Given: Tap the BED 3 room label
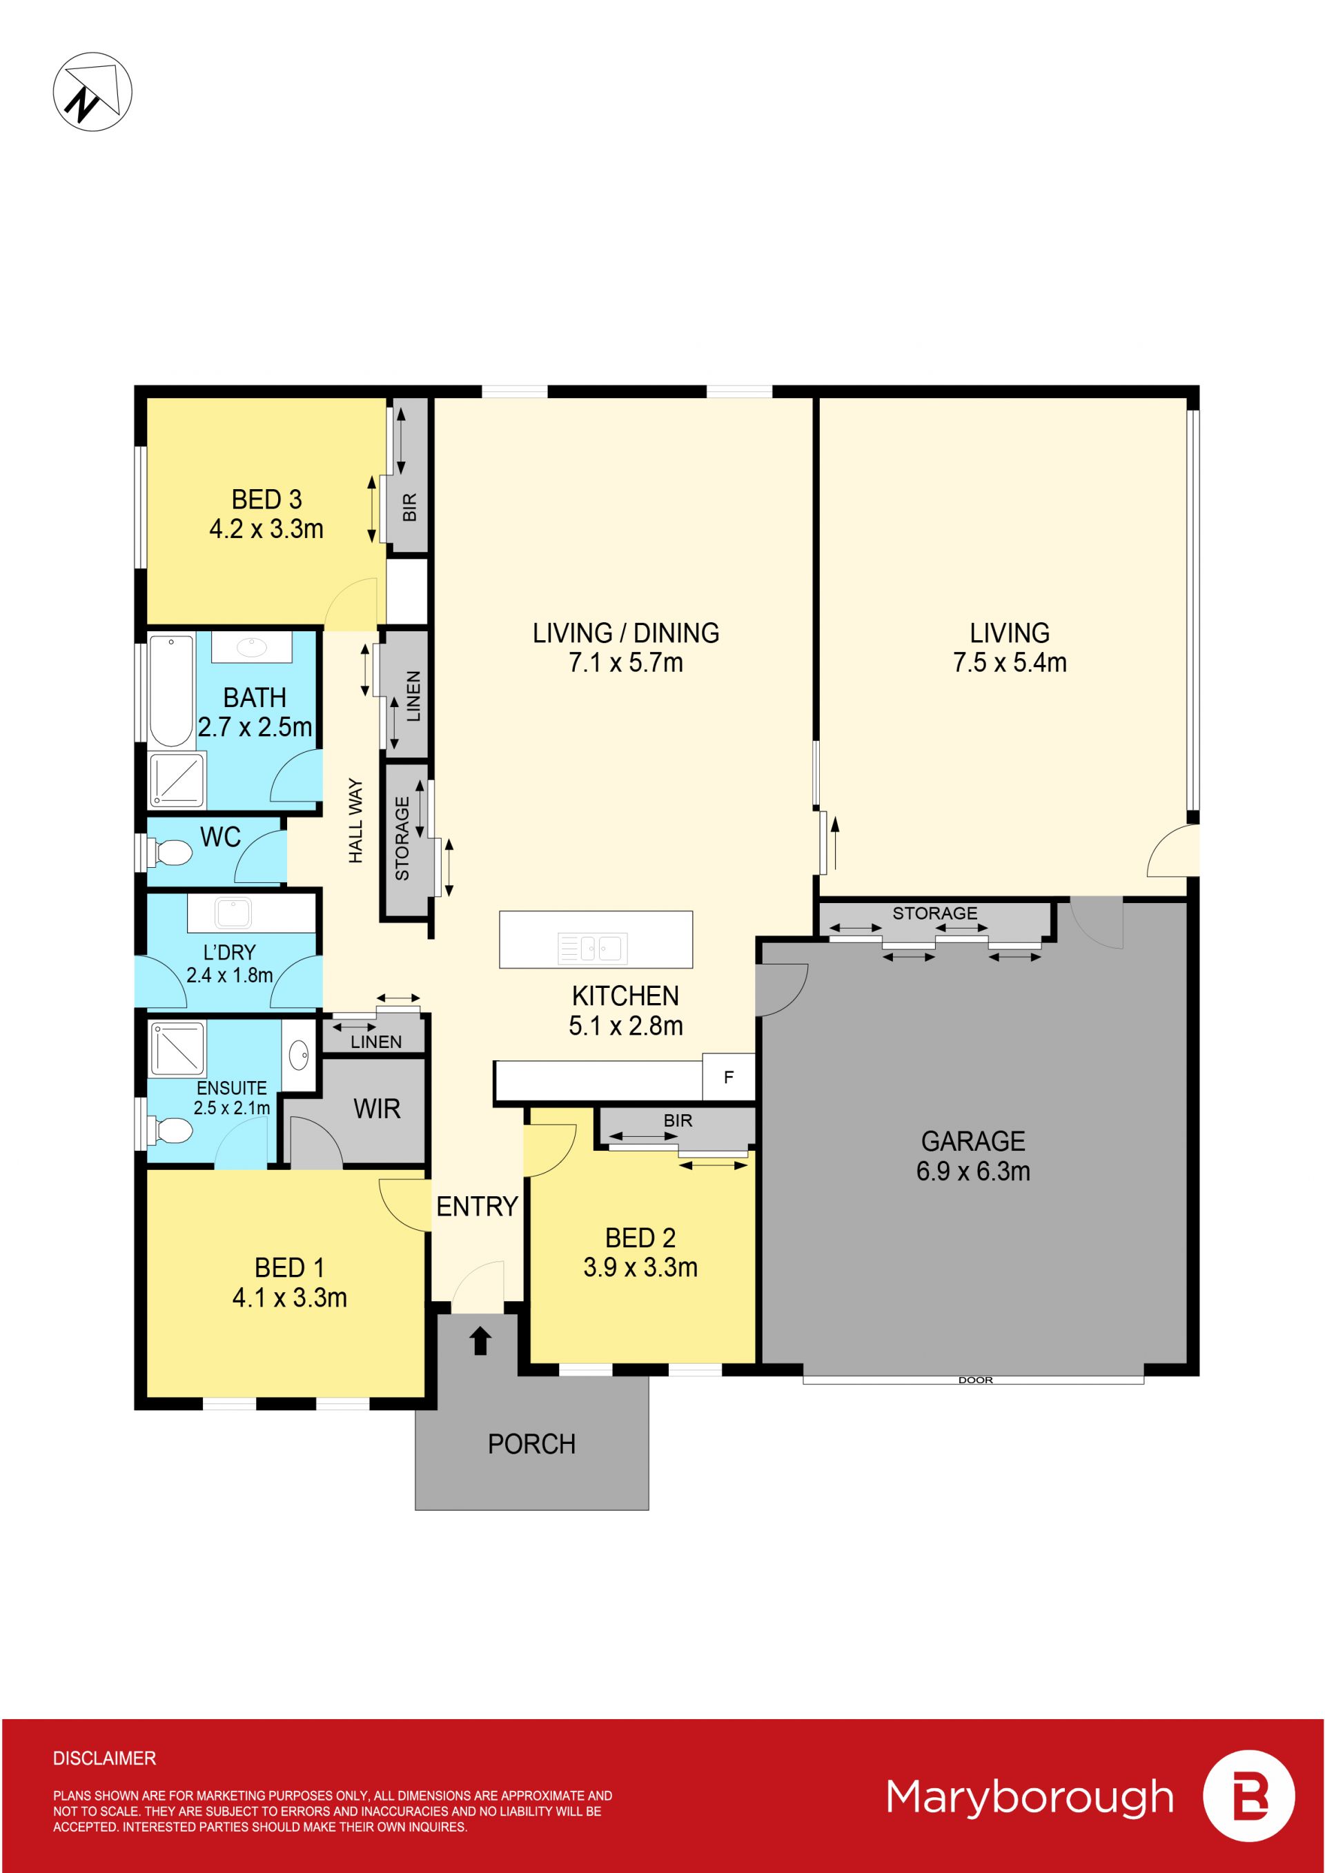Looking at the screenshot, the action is click(267, 499).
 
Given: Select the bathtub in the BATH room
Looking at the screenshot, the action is click(171, 690).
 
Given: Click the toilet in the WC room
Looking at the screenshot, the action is click(170, 853).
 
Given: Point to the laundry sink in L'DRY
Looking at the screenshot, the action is click(233, 913).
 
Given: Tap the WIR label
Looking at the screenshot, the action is click(377, 1109).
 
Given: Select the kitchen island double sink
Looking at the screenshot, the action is click(593, 948).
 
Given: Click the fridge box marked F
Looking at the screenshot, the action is click(729, 1077).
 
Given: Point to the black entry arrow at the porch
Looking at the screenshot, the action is click(480, 1340).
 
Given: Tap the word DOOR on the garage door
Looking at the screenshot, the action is click(976, 1380).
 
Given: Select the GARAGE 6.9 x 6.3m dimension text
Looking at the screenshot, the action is click(973, 1171).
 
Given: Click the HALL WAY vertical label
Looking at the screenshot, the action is click(355, 821).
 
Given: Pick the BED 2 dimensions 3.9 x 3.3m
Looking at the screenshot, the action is click(640, 1267).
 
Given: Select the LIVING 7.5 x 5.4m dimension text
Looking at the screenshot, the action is click(1010, 662).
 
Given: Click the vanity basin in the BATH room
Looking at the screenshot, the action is click(251, 647).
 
